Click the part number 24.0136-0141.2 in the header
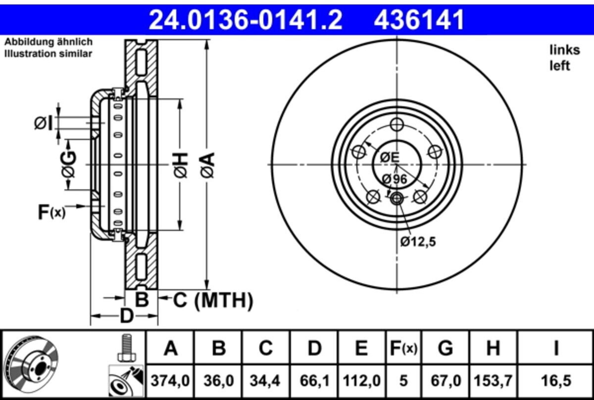246,20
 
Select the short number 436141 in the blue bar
419,20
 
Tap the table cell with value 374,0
170,381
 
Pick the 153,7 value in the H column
493,381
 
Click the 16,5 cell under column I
556,381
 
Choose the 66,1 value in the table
314,381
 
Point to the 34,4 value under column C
265,381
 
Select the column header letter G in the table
445,348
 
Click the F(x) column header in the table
403,348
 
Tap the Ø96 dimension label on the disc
395,179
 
